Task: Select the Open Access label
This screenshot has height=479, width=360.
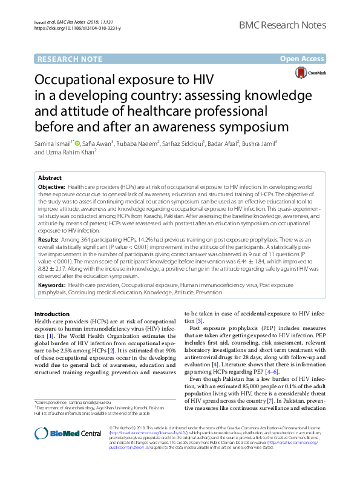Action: (x=303, y=59)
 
